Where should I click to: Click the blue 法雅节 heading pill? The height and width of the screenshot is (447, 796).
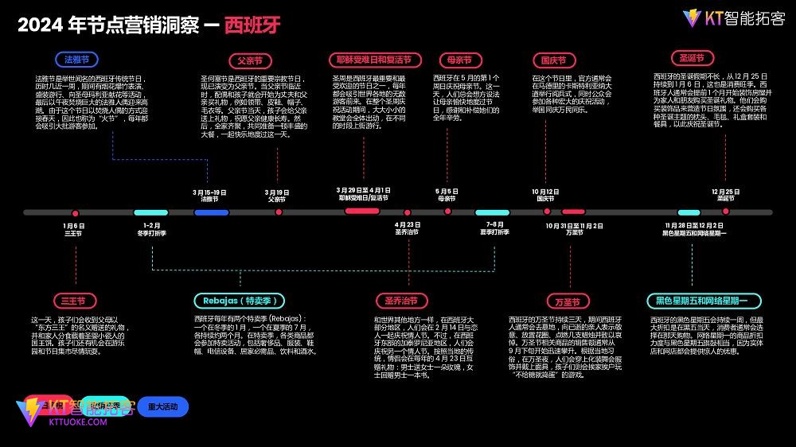click(76, 60)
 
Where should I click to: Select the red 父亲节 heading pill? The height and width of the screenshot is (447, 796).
click(249, 60)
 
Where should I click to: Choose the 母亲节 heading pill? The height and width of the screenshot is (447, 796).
click(460, 60)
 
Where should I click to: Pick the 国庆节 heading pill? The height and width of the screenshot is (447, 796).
click(553, 60)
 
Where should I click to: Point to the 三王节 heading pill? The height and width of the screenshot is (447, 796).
click(75, 301)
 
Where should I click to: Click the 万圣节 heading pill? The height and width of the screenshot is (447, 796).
click(568, 301)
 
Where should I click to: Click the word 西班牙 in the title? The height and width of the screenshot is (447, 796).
click(252, 24)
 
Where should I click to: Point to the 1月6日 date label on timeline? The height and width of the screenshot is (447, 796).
click(73, 226)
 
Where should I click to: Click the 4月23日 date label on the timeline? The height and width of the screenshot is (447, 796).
click(408, 226)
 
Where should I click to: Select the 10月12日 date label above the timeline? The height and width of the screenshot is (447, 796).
click(545, 192)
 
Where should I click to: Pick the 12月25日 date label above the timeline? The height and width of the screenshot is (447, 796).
click(725, 192)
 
